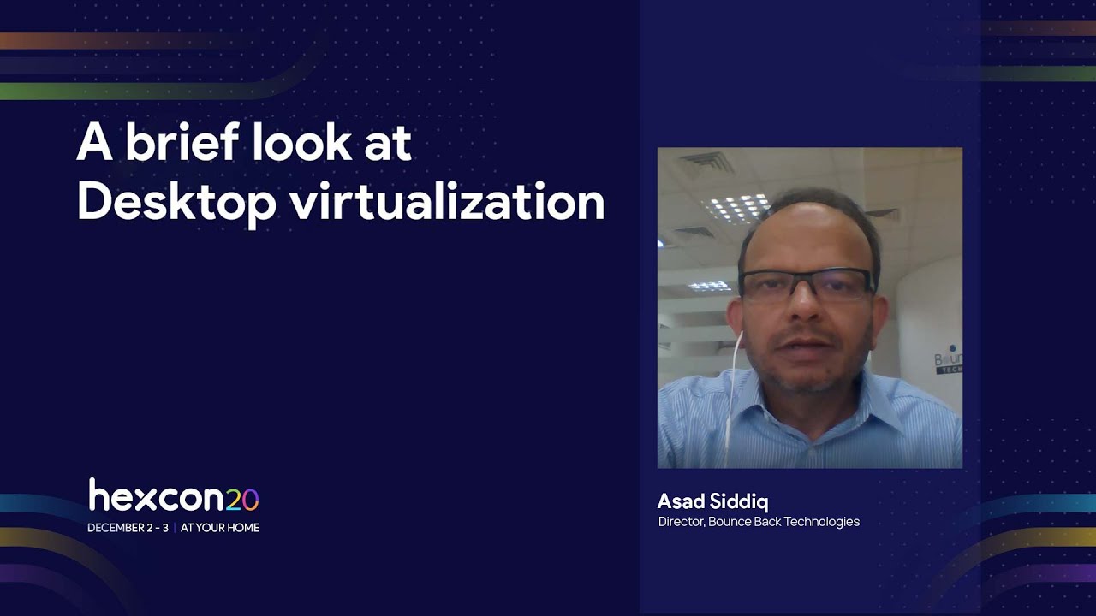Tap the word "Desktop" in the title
click(x=176, y=203)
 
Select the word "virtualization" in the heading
click(x=446, y=203)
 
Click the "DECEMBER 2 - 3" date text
click(x=128, y=528)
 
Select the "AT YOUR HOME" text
click(x=220, y=528)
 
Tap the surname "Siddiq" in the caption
click(x=739, y=501)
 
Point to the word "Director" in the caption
click(x=682, y=522)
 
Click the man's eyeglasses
click(x=805, y=286)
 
